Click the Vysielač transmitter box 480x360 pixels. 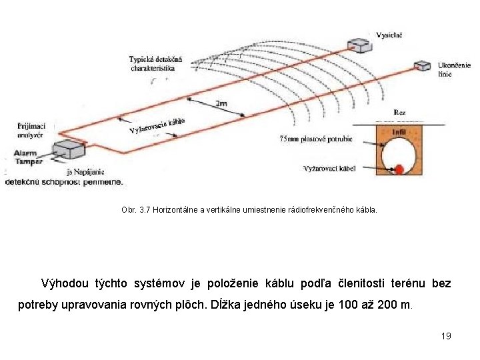(x=360, y=45)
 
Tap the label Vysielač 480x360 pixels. (x=389, y=35)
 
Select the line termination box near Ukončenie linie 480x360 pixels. (x=421, y=65)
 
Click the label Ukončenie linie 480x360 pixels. (x=455, y=70)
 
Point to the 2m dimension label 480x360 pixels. (x=222, y=104)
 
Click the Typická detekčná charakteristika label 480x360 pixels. (x=160, y=64)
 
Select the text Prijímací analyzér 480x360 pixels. (x=31, y=129)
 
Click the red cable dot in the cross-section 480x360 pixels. (x=399, y=169)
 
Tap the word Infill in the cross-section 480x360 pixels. (x=399, y=133)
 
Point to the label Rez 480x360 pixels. (x=400, y=113)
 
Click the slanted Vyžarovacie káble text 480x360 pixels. (x=157, y=125)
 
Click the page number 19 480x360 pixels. (x=446, y=336)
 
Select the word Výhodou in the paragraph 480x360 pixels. (x=63, y=284)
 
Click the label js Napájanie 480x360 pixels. (x=85, y=172)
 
